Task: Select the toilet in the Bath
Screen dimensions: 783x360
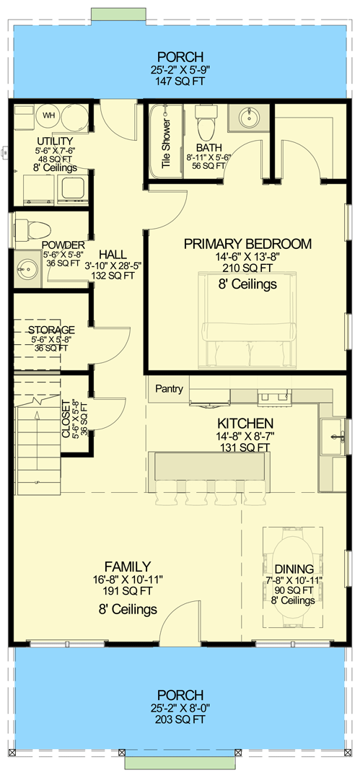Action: [x=208, y=126]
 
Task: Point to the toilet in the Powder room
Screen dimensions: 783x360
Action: [x=32, y=229]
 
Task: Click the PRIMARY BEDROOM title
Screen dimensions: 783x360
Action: [x=247, y=244]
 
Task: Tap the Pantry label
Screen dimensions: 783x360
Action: [x=170, y=390]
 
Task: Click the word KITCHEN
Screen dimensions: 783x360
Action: [x=246, y=424]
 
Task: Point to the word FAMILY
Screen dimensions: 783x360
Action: [x=127, y=566]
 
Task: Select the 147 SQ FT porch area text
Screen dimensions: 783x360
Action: [x=180, y=82]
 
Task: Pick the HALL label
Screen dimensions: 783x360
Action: [x=113, y=255]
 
